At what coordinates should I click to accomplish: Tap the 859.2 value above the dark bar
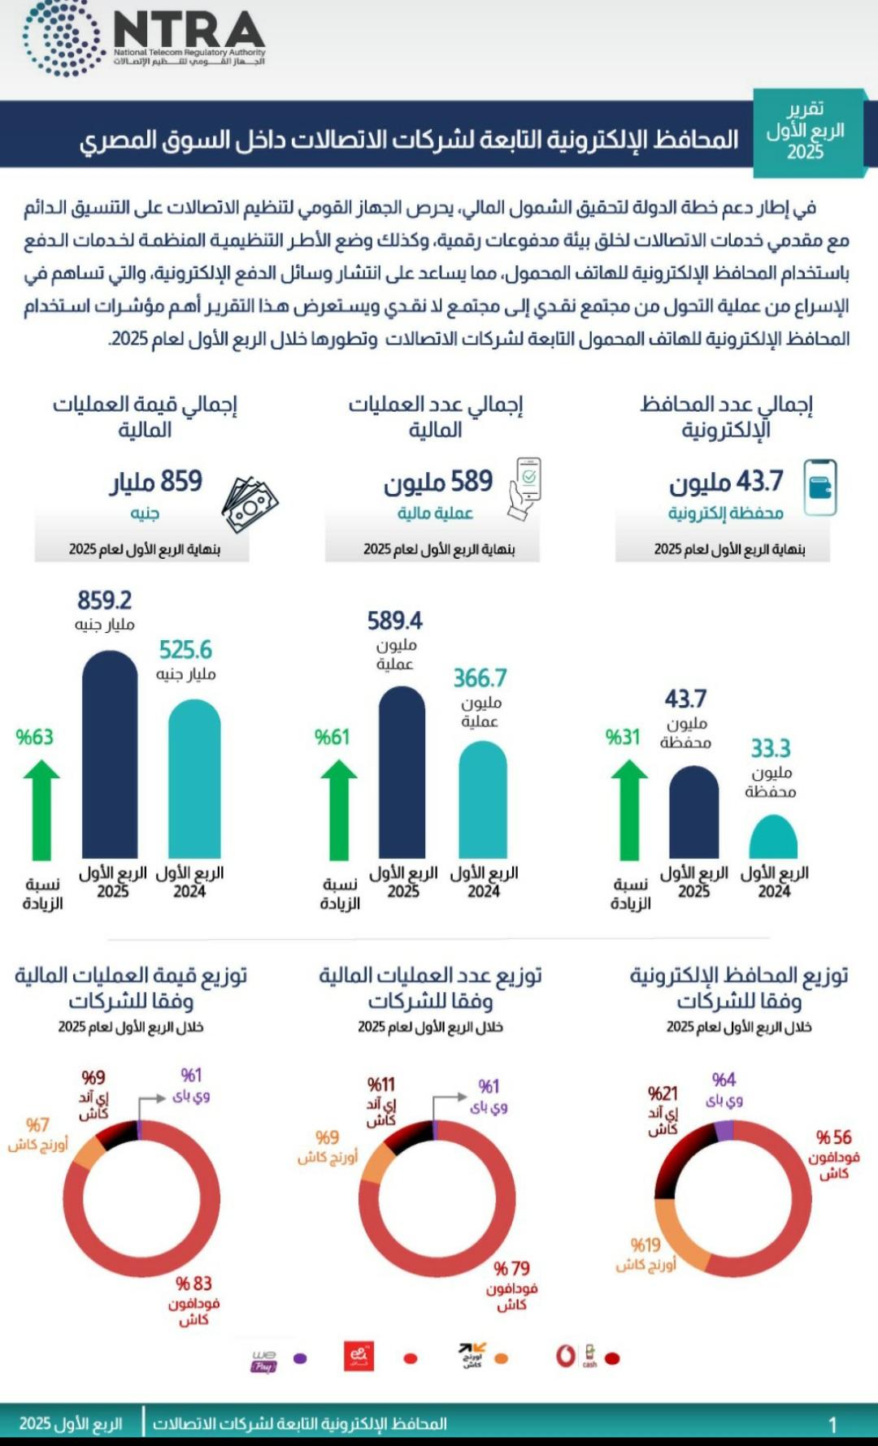[x=104, y=601]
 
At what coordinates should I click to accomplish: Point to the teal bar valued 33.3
[x=773, y=838]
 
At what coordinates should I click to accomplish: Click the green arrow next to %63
[x=41, y=809]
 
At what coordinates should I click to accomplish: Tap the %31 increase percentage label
[x=623, y=737]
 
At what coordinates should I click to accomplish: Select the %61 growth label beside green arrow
[x=332, y=737]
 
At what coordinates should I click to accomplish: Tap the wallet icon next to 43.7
[x=819, y=487]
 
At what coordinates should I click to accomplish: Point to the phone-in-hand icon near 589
[x=525, y=487]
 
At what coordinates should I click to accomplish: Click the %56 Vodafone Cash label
[x=834, y=1137]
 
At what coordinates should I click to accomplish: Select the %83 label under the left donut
[x=194, y=1284]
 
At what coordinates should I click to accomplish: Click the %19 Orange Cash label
[x=645, y=1245]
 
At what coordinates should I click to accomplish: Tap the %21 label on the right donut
[x=663, y=1093]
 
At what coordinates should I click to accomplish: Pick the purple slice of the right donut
[x=723, y=1129]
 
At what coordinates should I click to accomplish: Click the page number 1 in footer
[x=832, y=1424]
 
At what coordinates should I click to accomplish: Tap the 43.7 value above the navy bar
[x=685, y=699]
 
